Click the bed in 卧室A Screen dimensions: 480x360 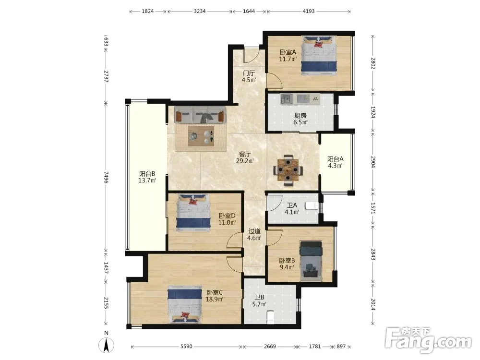(x=319, y=55)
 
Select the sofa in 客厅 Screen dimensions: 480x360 (x=200, y=115)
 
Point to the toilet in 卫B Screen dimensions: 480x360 (x=270, y=317)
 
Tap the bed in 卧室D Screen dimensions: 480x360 (x=193, y=213)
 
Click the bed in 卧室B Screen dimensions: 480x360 (x=311, y=261)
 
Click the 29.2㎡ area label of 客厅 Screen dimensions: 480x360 (x=245, y=161)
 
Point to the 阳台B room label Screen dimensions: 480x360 (x=147, y=174)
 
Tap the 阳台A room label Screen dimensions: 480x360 (x=335, y=159)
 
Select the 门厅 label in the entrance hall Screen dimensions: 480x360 (x=249, y=73)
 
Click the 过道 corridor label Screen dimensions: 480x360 (x=254, y=231)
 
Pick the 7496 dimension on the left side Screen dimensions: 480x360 (x=106, y=177)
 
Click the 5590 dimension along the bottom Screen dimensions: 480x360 (x=186, y=347)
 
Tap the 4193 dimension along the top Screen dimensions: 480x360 (x=309, y=12)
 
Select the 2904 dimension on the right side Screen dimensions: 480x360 (x=373, y=162)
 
